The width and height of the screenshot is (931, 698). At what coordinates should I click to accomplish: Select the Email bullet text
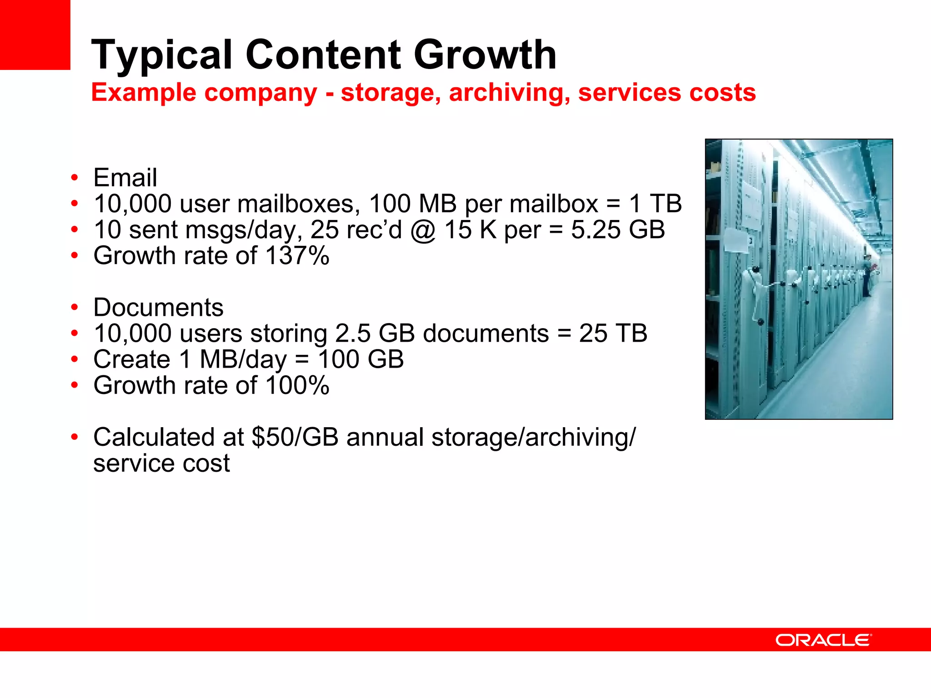125,177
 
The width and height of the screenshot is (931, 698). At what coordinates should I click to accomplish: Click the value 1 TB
655,203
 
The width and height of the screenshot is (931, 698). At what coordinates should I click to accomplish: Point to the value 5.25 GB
618,229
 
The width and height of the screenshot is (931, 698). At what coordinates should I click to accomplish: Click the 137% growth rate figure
297,255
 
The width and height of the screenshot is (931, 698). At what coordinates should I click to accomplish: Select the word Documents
158,307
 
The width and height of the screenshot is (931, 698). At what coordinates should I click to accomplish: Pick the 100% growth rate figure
297,385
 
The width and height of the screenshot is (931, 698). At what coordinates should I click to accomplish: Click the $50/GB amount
295,437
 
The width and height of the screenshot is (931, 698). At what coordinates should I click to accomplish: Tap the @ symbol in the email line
423,230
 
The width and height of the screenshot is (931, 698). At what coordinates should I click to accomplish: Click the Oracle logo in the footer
823,640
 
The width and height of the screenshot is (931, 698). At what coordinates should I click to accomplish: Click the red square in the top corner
35,35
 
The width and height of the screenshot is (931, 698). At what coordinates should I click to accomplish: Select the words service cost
161,463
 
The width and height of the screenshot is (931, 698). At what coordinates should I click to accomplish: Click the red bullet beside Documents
75,308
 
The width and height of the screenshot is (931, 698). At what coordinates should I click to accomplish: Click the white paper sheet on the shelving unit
736,240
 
